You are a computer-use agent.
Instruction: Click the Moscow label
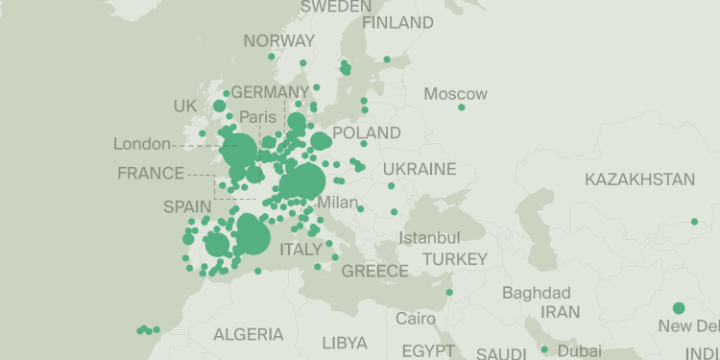coord(456,94)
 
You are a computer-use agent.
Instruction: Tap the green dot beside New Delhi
coord(679,308)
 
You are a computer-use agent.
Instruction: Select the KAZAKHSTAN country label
coord(639,180)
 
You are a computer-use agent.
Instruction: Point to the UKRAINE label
coord(420,169)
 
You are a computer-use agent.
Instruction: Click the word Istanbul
coord(429,237)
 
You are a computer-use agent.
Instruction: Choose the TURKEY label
coord(455,259)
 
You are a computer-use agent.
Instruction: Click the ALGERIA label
coord(248,335)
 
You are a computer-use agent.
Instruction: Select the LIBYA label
coord(345,343)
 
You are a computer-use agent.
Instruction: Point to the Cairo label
coord(416,318)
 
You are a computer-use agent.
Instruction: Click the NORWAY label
coord(278,40)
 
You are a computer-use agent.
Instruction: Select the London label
coord(141,145)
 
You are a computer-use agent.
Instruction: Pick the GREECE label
coord(375,271)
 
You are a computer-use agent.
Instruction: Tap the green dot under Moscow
coord(462,108)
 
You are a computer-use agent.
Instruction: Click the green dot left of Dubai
coord(544,349)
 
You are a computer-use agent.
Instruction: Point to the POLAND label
coord(366,132)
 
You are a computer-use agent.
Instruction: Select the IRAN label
coord(560,312)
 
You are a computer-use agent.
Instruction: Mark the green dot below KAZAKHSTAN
coord(694,222)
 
